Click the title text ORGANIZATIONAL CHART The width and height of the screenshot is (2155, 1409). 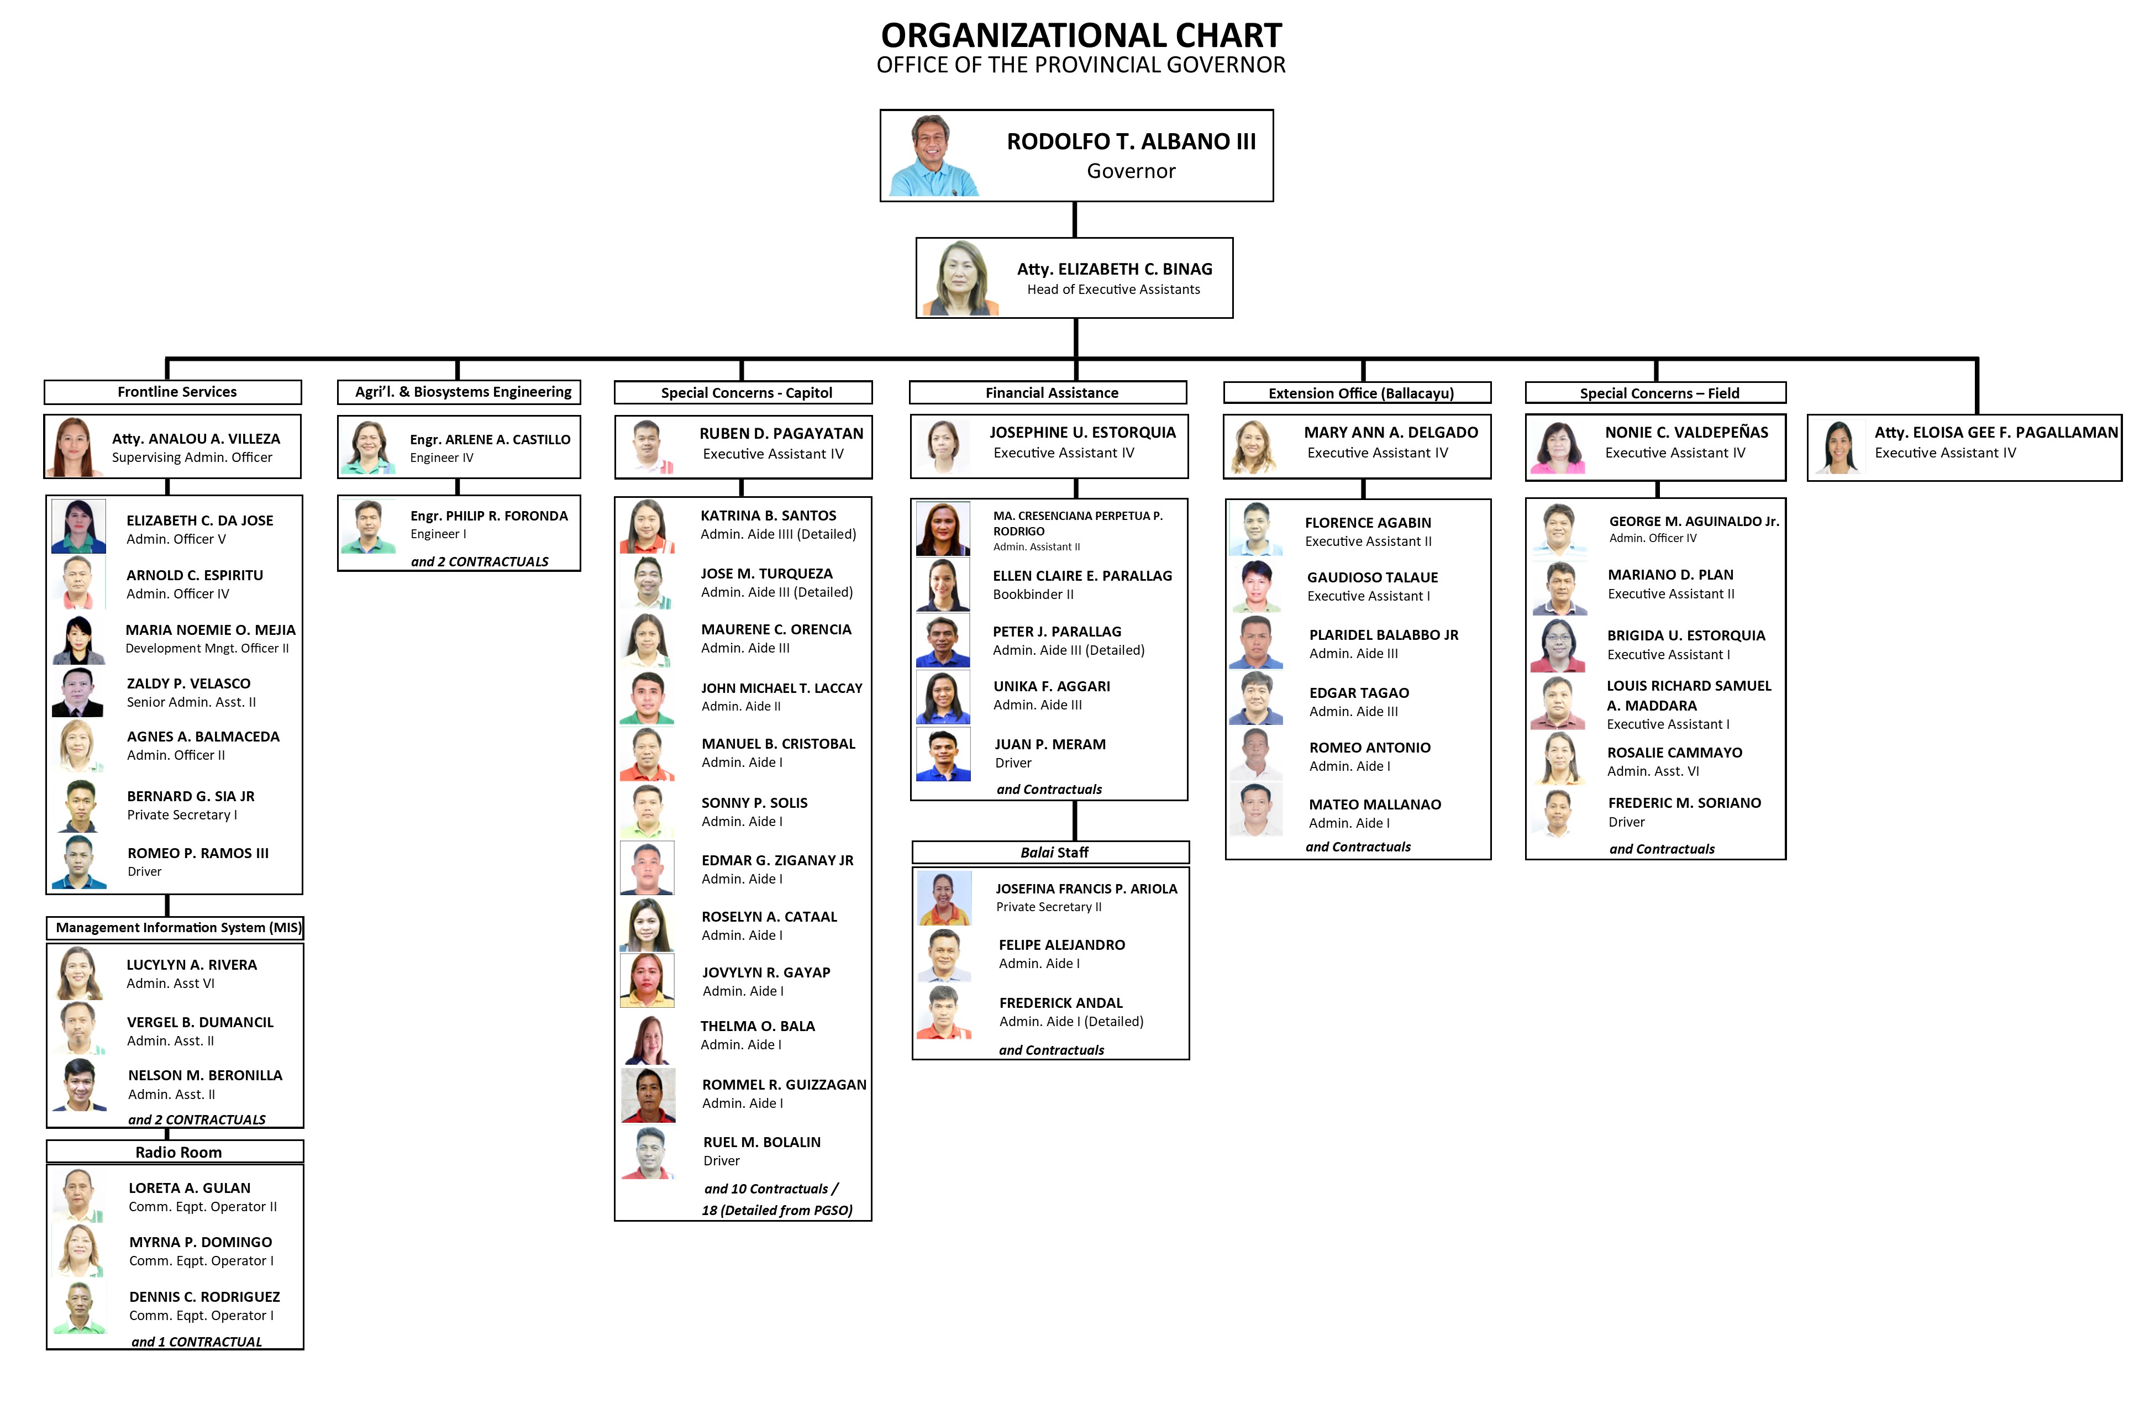[x=1081, y=35]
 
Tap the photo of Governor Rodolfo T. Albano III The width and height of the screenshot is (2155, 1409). [x=933, y=156]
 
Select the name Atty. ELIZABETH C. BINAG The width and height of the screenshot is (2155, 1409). [x=1114, y=269]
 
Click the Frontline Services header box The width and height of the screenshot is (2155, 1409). [x=173, y=392]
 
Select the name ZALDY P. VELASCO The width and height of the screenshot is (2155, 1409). [x=188, y=684]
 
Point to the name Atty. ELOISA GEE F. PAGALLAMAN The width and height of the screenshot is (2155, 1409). [x=1996, y=433]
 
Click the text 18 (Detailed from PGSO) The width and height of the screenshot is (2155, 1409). [x=777, y=1211]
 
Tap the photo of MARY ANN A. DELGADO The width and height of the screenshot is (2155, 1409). [x=1252, y=448]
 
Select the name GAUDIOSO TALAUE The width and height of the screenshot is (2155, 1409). [x=1372, y=578]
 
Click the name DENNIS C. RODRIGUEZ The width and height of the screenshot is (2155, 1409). [x=204, y=1297]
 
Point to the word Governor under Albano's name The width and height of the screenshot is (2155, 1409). [x=1131, y=171]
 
